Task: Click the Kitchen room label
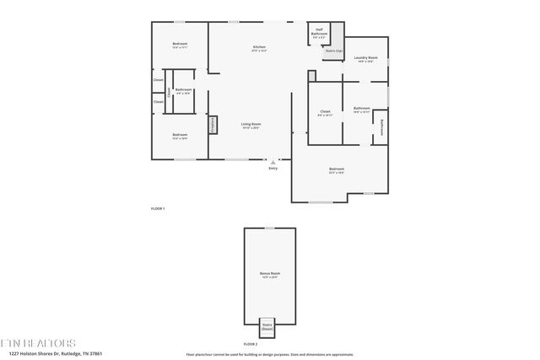click(x=259, y=48)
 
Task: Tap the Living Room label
click(x=251, y=126)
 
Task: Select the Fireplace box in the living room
click(x=213, y=125)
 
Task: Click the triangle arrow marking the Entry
click(x=272, y=160)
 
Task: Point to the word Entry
click(x=273, y=168)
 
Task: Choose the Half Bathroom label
click(x=319, y=34)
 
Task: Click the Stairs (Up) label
click(x=333, y=51)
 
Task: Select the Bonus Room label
click(x=269, y=276)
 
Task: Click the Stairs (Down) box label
click(x=267, y=326)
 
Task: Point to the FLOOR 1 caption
click(x=158, y=208)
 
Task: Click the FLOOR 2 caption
click(x=251, y=344)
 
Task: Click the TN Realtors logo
click(x=38, y=343)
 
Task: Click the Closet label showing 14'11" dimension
click(x=325, y=113)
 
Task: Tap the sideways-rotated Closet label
click(x=169, y=94)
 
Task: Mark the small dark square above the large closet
click(x=311, y=76)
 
